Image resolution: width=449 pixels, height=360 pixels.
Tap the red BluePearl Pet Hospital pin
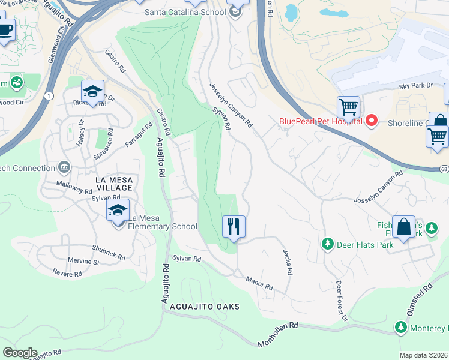point(372,121)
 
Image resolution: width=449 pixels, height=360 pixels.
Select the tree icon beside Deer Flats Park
point(328,244)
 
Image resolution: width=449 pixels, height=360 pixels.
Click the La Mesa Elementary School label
point(164,226)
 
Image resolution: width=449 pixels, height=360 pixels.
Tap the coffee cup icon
point(5,29)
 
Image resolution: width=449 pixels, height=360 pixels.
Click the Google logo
point(19,353)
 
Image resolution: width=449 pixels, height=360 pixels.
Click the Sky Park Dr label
point(416,86)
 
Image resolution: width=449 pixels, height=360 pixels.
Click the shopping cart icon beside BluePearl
point(348,108)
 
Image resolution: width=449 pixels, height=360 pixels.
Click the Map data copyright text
point(423,355)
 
